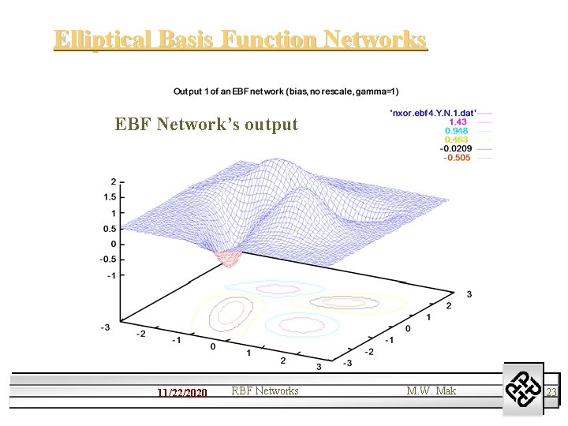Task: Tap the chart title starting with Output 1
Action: [286, 92]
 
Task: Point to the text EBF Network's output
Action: [206, 125]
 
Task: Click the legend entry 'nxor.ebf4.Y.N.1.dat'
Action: [433, 112]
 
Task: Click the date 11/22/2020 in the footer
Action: [181, 392]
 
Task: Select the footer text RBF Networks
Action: [265, 390]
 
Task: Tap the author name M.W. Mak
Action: [431, 390]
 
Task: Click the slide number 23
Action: [551, 392]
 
